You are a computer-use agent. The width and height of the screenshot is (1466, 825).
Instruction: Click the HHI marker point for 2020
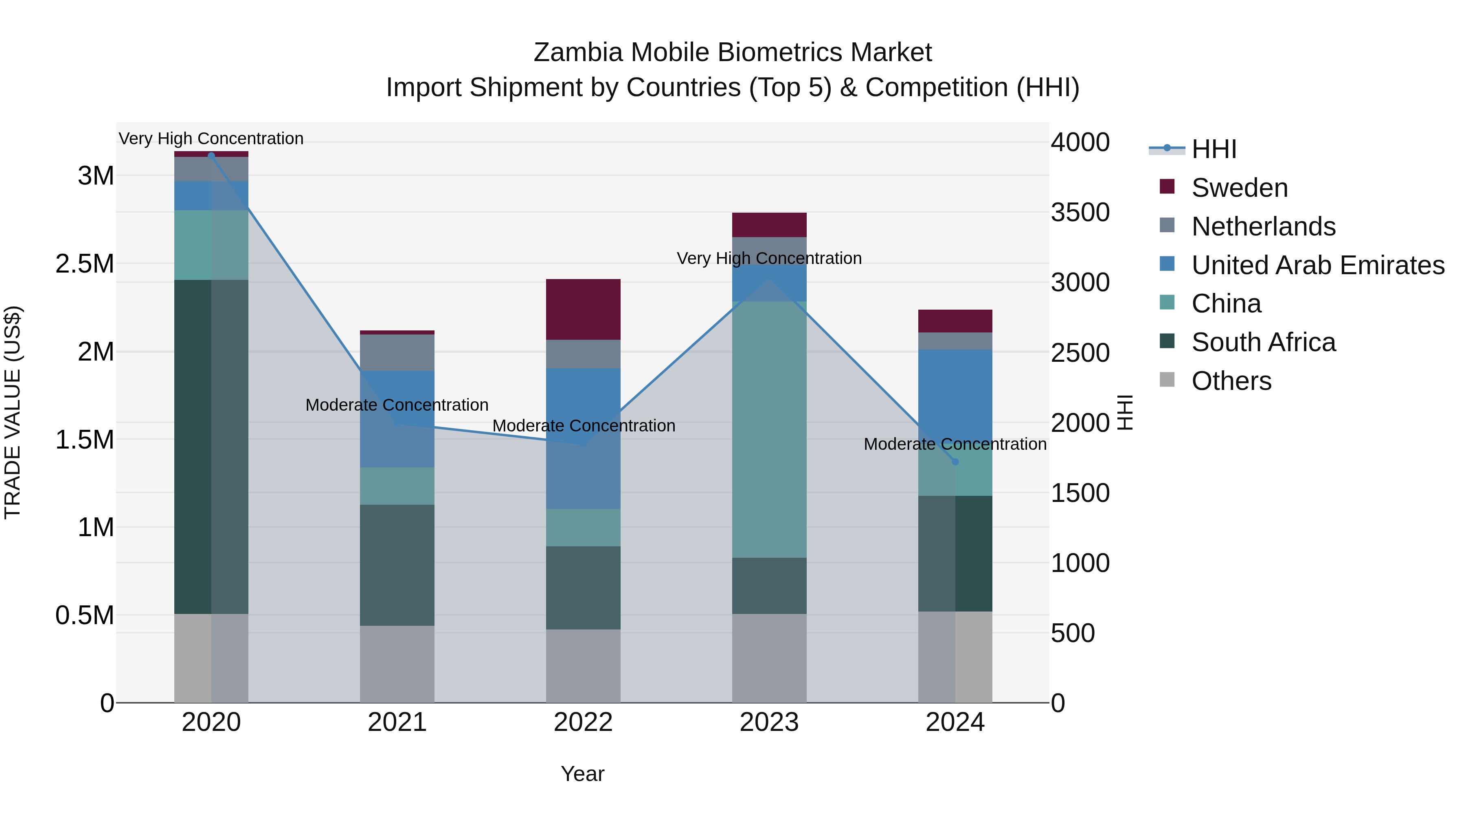click(x=211, y=156)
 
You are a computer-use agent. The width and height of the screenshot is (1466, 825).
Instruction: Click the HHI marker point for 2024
click(x=955, y=462)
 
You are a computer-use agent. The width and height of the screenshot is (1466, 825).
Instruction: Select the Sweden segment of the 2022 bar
click(x=583, y=309)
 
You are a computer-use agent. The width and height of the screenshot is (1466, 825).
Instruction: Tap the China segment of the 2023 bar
click(x=769, y=429)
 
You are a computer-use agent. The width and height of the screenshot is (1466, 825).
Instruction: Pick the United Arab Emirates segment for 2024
click(x=955, y=393)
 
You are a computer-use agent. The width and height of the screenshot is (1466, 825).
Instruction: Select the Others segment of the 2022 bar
click(x=583, y=666)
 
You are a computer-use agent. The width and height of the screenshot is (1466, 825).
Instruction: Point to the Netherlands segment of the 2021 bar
click(x=397, y=352)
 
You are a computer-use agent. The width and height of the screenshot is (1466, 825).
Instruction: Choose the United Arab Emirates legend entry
click(x=1317, y=265)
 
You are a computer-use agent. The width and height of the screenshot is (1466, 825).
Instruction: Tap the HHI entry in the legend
click(x=1214, y=149)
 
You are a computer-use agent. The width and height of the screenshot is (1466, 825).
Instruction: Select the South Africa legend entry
click(x=1263, y=342)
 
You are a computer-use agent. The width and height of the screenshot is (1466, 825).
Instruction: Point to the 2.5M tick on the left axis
click(x=85, y=264)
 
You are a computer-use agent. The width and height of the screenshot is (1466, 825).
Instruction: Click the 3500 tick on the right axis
click(x=1080, y=212)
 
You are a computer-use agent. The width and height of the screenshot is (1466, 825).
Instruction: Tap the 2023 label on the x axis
click(x=769, y=722)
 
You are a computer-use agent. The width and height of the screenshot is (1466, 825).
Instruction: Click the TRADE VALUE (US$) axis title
click(x=13, y=412)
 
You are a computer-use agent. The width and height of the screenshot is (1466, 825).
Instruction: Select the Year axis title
click(x=582, y=774)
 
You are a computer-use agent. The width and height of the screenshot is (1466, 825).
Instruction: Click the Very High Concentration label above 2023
click(x=769, y=258)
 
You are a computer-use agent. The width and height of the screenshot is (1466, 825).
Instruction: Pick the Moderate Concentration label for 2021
click(x=397, y=405)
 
